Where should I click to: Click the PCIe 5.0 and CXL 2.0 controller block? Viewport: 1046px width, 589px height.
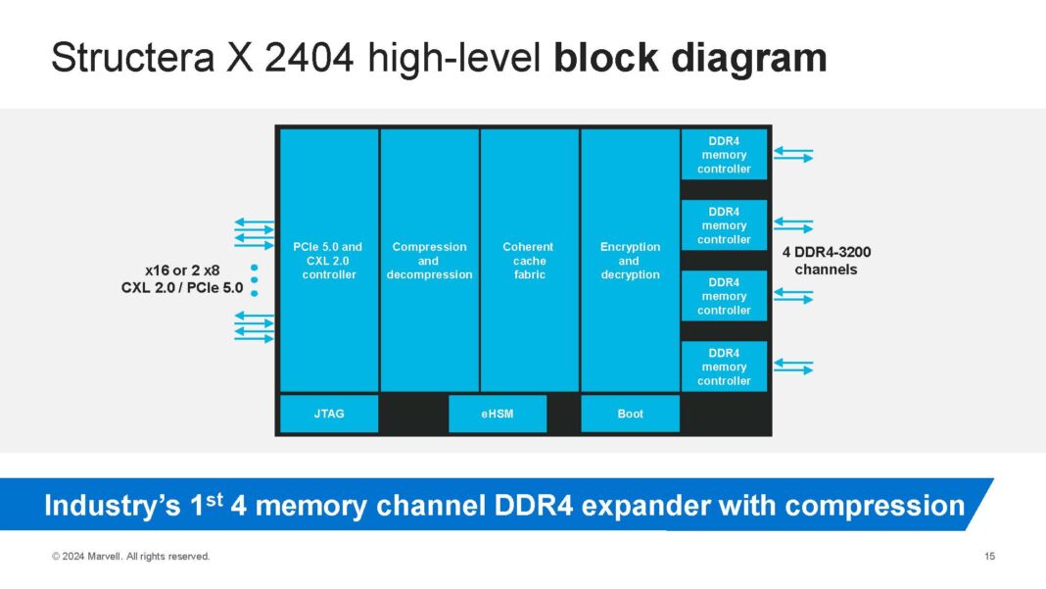pyautogui.click(x=328, y=261)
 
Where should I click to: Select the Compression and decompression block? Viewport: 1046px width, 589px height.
pyautogui.click(x=429, y=261)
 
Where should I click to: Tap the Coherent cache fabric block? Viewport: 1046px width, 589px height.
pyautogui.click(x=529, y=261)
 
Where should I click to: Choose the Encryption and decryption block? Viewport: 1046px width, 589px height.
pyautogui.click(x=630, y=261)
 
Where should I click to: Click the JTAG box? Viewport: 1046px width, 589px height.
pyautogui.click(x=328, y=414)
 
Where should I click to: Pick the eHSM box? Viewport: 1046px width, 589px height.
pyautogui.click(x=498, y=414)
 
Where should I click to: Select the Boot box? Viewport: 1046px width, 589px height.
pyautogui.click(x=630, y=414)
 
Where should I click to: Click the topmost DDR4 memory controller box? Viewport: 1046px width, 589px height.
pyautogui.click(x=724, y=155)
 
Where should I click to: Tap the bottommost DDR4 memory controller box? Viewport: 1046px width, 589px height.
pyautogui.click(x=724, y=367)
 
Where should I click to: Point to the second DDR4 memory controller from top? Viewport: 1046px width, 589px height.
pyautogui.click(x=724, y=225)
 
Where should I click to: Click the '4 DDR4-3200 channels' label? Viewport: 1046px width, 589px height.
pyautogui.click(x=826, y=261)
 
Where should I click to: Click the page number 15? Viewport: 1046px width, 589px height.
pyautogui.click(x=989, y=557)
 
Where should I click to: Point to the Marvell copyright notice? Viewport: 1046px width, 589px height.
pyautogui.click(x=130, y=557)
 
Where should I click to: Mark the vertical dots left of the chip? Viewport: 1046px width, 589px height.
pyautogui.click(x=254, y=279)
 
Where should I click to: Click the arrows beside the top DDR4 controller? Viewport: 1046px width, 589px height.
pyautogui.click(x=793, y=155)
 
